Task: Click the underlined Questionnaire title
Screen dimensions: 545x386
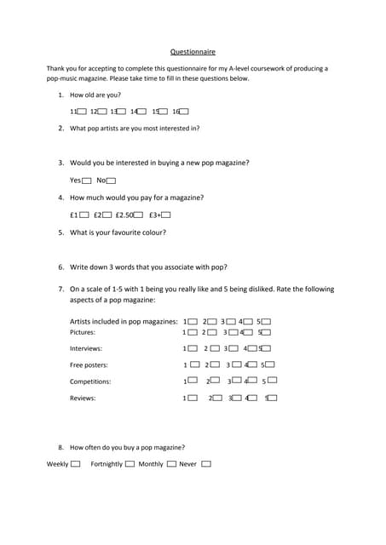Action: [x=193, y=51]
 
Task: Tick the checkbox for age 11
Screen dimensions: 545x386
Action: [x=81, y=112]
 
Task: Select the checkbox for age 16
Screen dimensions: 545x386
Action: [x=184, y=112]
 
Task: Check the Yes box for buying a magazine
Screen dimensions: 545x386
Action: [x=88, y=181]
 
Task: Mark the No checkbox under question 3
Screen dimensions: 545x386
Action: [x=111, y=181]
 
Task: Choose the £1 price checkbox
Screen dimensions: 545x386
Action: [x=84, y=215]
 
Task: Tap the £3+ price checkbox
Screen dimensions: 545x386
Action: [x=166, y=215]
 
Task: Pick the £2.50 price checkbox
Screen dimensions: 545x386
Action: [x=138, y=215]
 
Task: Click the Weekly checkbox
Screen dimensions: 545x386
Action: [x=76, y=464]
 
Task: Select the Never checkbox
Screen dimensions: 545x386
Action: [x=206, y=464]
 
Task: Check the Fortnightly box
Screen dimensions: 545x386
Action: [x=130, y=464]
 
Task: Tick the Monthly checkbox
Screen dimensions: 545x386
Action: [x=171, y=464]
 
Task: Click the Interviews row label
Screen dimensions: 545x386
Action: [x=86, y=348]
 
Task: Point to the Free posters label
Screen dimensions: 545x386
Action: [x=89, y=365]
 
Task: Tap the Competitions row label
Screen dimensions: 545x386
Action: [x=90, y=381]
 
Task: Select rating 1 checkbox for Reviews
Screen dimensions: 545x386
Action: [x=193, y=398]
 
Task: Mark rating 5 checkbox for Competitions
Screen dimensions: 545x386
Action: [x=273, y=381]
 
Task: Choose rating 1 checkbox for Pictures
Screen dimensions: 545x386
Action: [x=193, y=332]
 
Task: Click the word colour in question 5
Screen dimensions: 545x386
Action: [x=154, y=232]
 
